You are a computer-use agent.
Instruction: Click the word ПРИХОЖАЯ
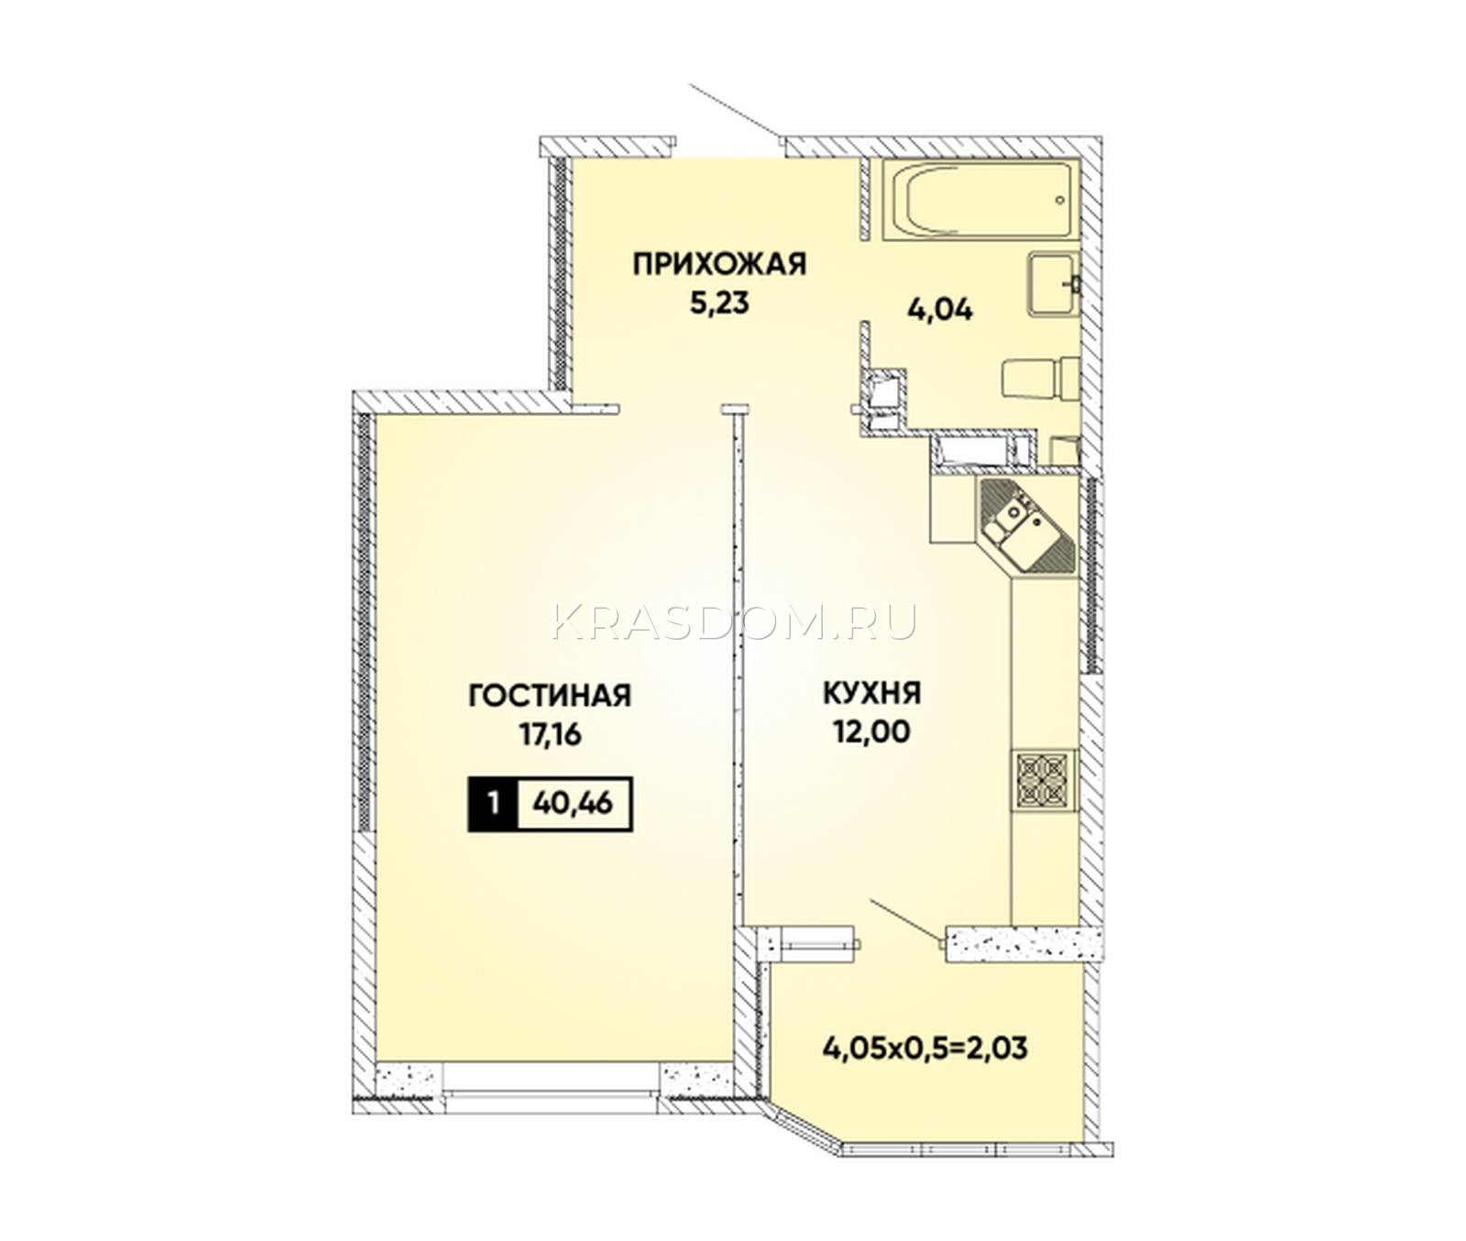pos(719,265)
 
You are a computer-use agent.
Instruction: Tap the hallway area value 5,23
pos(719,303)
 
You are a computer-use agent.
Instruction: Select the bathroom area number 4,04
pos(940,310)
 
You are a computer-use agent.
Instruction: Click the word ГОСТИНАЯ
pos(550,696)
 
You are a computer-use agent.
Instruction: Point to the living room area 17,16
pos(551,735)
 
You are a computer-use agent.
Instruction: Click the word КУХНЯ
pos(871,694)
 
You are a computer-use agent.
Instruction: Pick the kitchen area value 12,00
pos(871,732)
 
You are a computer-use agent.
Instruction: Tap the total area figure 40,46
pos(573,804)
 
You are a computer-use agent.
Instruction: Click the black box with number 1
pos(493,805)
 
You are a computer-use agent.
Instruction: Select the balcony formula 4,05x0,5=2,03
pos(925,1047)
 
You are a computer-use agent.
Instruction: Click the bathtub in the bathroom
pos(981,200)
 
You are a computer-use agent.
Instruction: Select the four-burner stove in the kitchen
pos(1044,780)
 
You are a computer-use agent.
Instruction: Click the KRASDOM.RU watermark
pos(735,622)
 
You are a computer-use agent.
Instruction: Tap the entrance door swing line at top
pos(735,112)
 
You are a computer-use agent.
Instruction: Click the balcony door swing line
pos(905,919)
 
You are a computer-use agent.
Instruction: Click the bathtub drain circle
pos(1060,200)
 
